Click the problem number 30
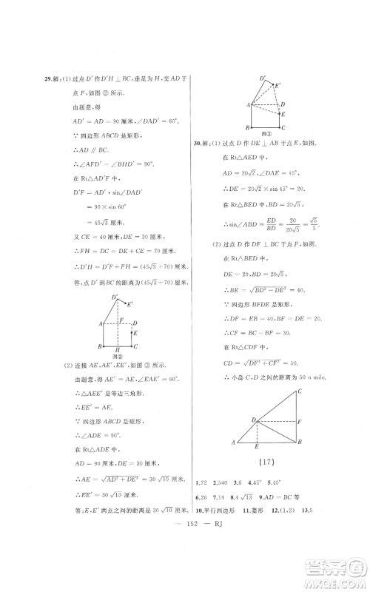click(x=198, y=143)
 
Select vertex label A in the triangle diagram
click(x=235, y=443)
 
